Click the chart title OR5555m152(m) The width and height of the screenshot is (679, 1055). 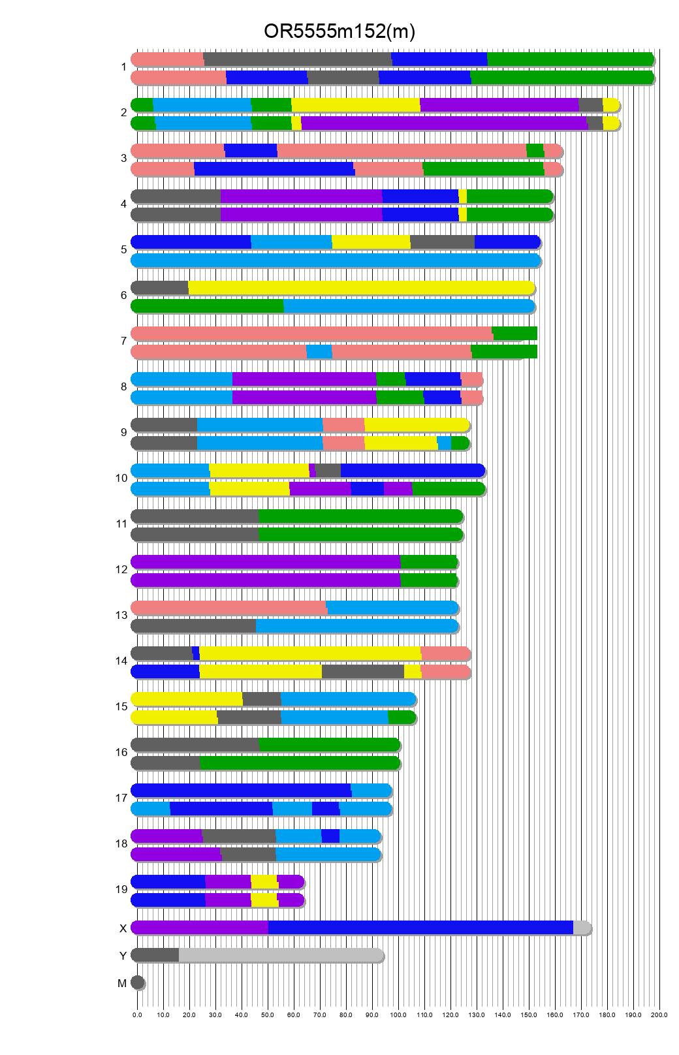[x=339, y=31]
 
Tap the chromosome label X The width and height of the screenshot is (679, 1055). [x=123, y=928]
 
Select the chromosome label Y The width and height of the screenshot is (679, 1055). [x=123, y=956]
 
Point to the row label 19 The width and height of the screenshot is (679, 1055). [x=121, y=889]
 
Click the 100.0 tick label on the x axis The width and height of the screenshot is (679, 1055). [x=398, y=1015]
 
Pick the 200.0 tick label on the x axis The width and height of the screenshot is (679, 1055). [x=659, y=1015]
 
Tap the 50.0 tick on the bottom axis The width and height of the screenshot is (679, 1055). [x=268, y=1015]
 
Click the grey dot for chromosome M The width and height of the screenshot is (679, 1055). [x=137, y=982]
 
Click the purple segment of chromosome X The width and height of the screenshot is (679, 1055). [x=200, y=927]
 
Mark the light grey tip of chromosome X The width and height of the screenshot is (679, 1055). [x=581, y=927]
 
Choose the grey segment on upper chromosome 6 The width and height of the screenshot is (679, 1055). [x=160, y=287]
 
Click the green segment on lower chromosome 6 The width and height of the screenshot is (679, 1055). [x=208, y=306]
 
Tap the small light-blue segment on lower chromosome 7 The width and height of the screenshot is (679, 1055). [x=319, y=351]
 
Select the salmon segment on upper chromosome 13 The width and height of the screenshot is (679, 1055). [x=229, y=607]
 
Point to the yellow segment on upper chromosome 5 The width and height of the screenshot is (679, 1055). [x=371, y=242]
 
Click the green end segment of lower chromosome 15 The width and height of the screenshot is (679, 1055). [x=401, y=717]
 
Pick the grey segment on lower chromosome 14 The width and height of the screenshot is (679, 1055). [x=363, y=671]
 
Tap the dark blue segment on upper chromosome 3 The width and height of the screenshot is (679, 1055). [x=251, y=150]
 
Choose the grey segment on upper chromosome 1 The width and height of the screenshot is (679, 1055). [x=298, y=59]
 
